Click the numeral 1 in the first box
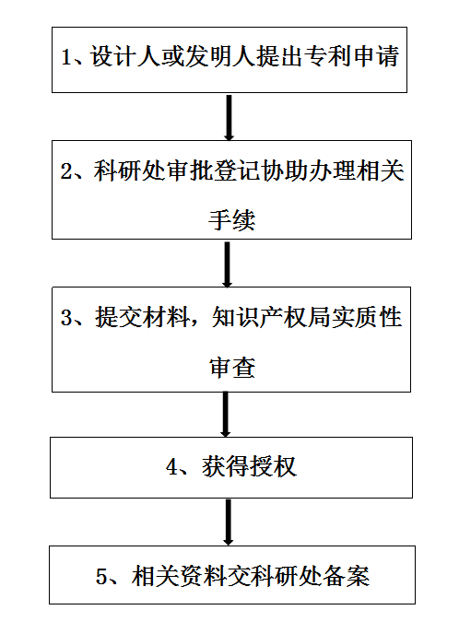66,57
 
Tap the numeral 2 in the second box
65,171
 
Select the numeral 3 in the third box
65,318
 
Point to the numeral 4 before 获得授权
171,466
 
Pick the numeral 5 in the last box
101,576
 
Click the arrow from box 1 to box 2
229,117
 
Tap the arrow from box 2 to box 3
227,264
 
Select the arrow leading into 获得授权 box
225,414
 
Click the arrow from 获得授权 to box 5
228,522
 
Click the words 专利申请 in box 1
353,57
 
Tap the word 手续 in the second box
232,219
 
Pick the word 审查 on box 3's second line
232,367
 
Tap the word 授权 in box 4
274,466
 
